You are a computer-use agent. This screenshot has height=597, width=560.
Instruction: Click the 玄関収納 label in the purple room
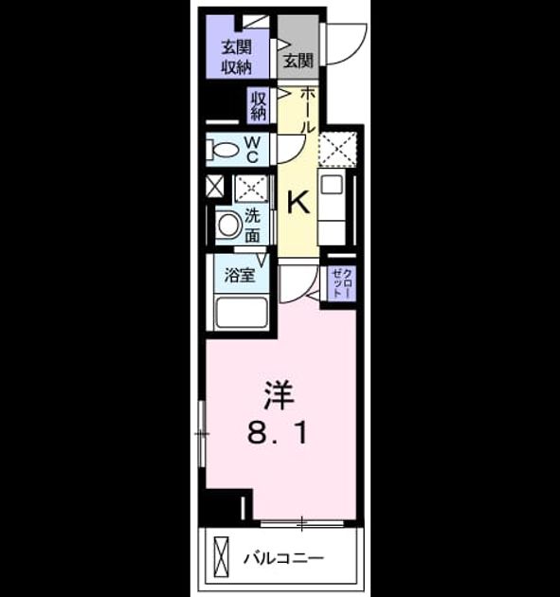point(237,57)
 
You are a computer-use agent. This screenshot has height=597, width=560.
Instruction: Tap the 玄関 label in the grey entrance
point(298,60)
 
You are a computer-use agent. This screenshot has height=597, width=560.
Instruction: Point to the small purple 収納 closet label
point(258,105)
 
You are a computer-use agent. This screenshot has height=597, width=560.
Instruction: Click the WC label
point(252,150)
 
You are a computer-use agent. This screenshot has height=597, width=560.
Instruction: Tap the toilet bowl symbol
point(223,150)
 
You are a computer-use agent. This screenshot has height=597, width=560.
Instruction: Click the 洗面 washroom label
point(252,226)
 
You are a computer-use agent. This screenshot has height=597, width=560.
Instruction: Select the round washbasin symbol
point(228,225)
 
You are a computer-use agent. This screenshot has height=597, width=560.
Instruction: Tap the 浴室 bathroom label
point(239,275)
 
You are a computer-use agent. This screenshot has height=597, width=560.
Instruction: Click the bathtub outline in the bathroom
point(241,314)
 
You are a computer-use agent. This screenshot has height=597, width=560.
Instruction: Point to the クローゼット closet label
point(342,283)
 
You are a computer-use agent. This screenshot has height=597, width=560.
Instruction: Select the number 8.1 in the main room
point(278,434)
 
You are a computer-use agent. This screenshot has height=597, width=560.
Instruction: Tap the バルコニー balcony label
point(283,558)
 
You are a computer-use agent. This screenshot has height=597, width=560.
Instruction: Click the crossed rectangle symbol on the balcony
point(221,556)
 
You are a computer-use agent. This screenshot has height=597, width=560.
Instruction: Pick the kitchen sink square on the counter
point(332,185)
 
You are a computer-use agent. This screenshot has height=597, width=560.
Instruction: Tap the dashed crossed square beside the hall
point(337,149)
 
